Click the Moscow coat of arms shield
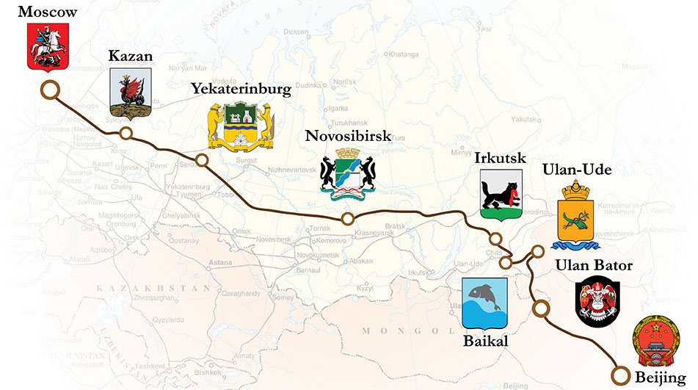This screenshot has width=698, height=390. [x=44, y=46]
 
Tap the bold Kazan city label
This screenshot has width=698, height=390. [x=130, y=55]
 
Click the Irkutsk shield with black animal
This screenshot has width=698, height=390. [x=501, y=195]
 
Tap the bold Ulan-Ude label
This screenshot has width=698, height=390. [x=576, y=170]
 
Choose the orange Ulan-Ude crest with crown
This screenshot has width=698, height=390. [x=576, y=217]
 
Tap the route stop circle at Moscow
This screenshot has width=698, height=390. [x=49, y=90]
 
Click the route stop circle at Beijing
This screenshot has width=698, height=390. [x=622, y=375]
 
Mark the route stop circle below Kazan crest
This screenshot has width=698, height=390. [x=126, y=133]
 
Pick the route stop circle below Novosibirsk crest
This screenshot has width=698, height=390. [x=348, y=219]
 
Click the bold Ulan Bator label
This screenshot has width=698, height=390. [x=594, y=266]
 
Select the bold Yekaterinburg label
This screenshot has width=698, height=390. [x=241, y=89]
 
